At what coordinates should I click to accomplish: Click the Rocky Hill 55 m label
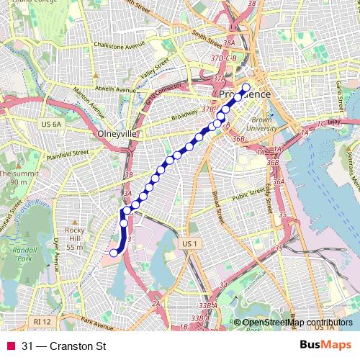pos(76,238)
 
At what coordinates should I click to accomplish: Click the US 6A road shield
pos(51,124)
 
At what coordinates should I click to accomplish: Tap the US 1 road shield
pos(189,244)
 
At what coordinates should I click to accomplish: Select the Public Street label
pos(248,193)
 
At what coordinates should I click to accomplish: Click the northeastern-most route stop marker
pos(246,89)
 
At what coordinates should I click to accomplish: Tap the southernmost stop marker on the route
pos(113,252)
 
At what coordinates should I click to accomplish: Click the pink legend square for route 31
pos(9,346)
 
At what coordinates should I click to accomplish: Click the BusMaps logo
pos(325,346)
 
